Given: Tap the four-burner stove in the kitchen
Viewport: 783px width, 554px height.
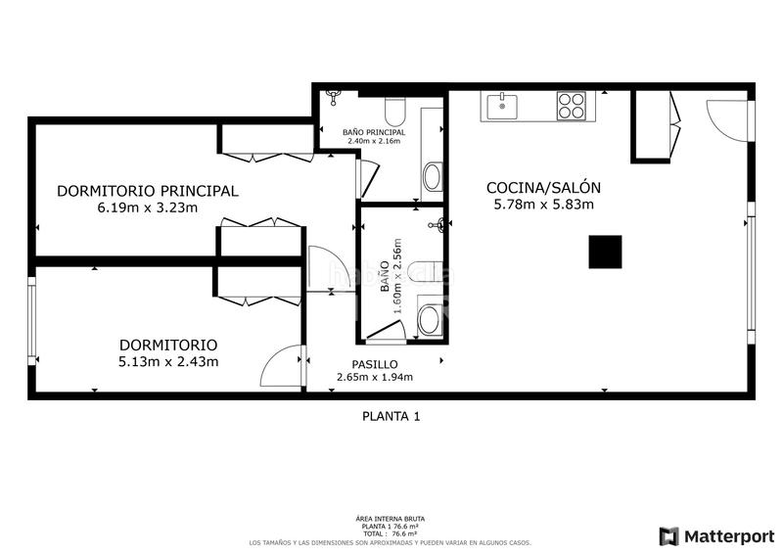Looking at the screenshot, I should click(571, 105).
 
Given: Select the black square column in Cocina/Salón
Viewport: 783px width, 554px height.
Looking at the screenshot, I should click(605, 252).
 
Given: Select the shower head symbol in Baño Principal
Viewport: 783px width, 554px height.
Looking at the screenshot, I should click(334, 96).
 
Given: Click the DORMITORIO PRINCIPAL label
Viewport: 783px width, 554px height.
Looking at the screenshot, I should click(147, 191).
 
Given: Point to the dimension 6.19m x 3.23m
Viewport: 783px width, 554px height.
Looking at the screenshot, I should click(147, 208).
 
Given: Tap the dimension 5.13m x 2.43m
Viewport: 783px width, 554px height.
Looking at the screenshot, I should click(167, 361).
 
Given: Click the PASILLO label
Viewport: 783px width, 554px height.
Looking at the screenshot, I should click(374, 364).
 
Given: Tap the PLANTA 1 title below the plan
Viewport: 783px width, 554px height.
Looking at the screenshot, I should click(391, 416).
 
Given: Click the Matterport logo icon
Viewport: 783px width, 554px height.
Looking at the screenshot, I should click(669, 535).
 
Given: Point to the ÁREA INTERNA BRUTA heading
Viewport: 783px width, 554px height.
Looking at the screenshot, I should click(391, 519).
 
